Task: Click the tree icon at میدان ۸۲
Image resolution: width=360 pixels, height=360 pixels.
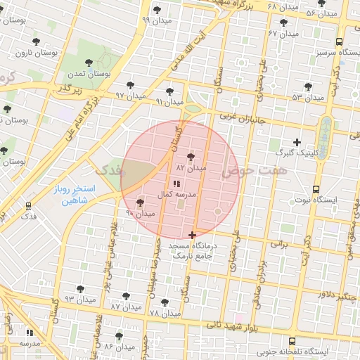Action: click(x=192, y=157)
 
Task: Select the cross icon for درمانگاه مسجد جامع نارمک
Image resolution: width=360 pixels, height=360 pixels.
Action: click(x=192, y=235)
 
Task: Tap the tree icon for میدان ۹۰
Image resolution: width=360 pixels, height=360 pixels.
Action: click(x=140, y=202)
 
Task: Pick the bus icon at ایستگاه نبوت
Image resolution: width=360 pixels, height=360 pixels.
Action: click(x=315, y=189)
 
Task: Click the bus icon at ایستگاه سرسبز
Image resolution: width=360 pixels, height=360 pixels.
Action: click(x=340, y=42)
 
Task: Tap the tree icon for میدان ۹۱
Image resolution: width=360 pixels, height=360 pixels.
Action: click(x=169, y=91)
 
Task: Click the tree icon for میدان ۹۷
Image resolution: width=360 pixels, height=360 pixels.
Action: click(x=130, y=84)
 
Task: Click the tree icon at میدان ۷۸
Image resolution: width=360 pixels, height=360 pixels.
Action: click(x=165, y=302)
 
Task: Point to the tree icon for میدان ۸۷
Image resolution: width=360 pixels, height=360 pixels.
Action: click(x=127, y=296)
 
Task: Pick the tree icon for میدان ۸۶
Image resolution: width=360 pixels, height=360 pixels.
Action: click(x=119, y=336)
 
